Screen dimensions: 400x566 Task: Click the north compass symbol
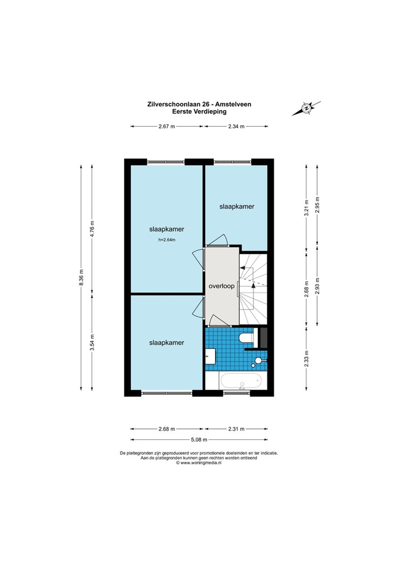tap(306, 109)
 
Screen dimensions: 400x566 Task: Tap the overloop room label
tap(221, 286)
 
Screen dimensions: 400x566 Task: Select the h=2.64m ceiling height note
tap(167, 240)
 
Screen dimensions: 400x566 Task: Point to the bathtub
tap(241, 381)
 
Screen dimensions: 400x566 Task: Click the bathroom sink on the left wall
tap(210, 357)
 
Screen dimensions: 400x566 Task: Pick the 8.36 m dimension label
tap(81, 277)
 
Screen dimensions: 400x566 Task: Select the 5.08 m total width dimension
tap(199, 440)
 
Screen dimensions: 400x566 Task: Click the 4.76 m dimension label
tap(92, 229)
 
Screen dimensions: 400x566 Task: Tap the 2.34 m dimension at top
tap(236, 126)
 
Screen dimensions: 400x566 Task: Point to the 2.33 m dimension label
tap(306, 359)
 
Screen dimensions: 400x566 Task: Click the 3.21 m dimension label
tap(306, 208)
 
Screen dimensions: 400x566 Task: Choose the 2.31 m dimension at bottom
tap(236, 429)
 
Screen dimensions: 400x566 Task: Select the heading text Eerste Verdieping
tap(199, 111)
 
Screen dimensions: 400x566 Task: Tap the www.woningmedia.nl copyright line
tap(199, 463)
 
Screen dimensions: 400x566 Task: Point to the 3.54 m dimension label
tap(92, 342)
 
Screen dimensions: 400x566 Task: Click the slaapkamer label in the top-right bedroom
tap(237, 206)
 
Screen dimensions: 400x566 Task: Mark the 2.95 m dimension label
tap(317, 205)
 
